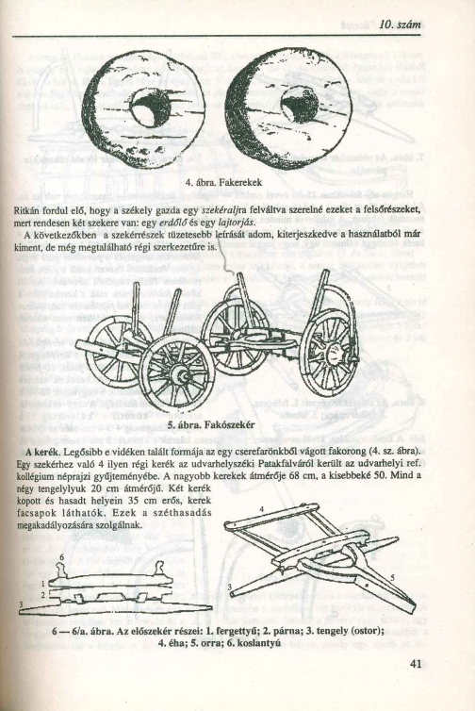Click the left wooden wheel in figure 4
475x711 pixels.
(x=144, y=109)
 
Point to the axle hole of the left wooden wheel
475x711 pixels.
(x=150, y=107)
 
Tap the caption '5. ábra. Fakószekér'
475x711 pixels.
(x=223, y=423)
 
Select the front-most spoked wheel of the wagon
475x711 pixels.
(x=176, y=371)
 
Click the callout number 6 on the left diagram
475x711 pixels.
(x=62, y=557)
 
